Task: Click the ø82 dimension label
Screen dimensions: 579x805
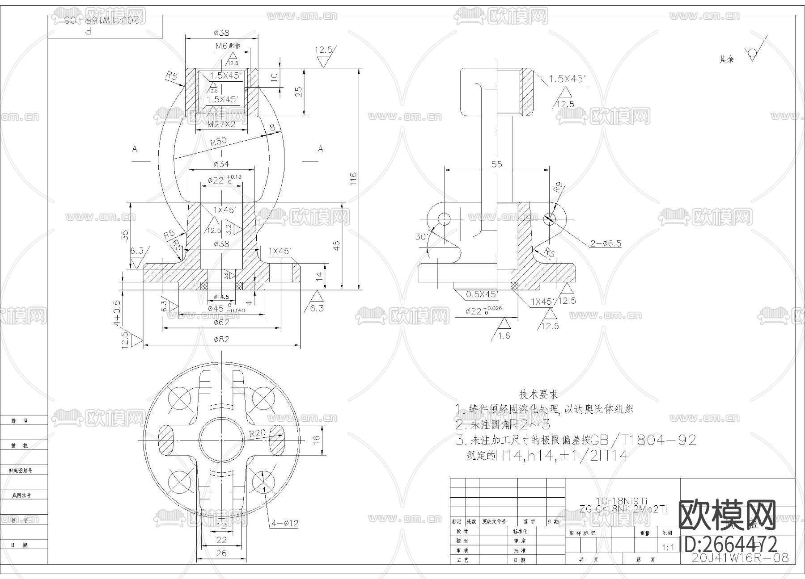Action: (x=221, y=339)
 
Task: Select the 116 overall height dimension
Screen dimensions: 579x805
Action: (x=353, y=179)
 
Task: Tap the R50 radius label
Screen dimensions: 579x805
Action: (x=218, y=142)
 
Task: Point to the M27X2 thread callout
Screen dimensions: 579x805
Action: (x=221, y=124)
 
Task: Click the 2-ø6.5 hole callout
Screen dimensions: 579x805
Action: (x=606, y=243)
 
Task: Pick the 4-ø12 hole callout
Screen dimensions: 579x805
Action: (x=284, y=523)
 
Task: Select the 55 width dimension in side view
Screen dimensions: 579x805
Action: (x=496, y=164)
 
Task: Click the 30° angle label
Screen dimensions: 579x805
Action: (x=421, y=236)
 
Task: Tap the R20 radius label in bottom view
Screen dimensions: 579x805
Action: (x=257, y=432)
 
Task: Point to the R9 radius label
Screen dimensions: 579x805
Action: (x=557, y=188)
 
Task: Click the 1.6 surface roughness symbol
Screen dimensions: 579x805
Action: (x=504, y=336)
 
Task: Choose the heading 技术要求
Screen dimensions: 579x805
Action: (x=538, y=394)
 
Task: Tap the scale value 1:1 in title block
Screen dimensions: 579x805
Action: (x=667, y=547)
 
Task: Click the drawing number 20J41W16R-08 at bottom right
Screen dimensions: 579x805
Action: (x=740, y=558)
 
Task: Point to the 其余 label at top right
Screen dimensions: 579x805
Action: (x=726, y=59)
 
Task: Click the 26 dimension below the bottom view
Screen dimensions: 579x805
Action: (x=221, y=553)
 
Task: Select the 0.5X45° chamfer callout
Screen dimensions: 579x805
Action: (x=481, y=294)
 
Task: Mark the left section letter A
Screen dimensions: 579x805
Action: (x=135, y=148)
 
